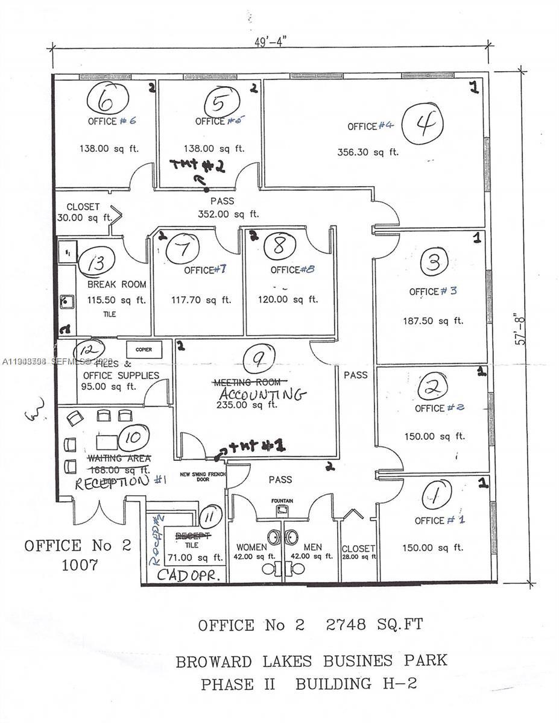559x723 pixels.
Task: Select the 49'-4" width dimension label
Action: (x=271, y=42)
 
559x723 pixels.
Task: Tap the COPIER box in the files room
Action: (x=144, y=349)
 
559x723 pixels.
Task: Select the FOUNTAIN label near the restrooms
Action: (x=282, y=501)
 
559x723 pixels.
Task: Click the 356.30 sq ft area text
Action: (x=368, y=152)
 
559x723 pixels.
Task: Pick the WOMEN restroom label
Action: (x=251, y=547)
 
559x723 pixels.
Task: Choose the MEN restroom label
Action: (x=312, y=547)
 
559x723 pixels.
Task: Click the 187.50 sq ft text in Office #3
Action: (x=433, y=321)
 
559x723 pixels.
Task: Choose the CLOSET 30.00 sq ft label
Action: (x=83, y=212)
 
